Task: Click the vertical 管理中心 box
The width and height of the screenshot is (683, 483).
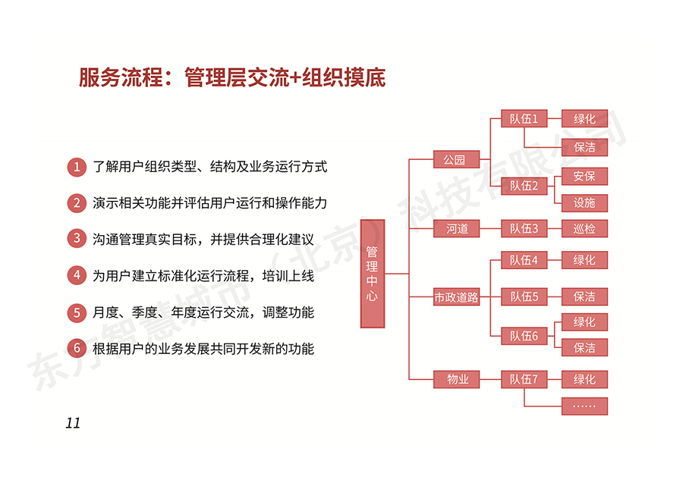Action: pyautogui.click(x=372, y=273)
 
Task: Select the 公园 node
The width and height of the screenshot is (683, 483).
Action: pyautogui.click(x=456, y=160)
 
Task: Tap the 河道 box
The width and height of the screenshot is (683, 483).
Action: pyautogui.click(x=456, y=228)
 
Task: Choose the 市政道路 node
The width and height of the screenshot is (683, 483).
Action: pyautogui.click(x=456, y=298)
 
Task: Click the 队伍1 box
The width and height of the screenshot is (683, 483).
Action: pyautogui.click(x=524, y=119)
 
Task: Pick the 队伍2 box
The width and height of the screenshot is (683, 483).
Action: pyautogui.click(x=524, y=186)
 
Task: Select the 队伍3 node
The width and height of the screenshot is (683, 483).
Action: pyautogui.click(x=524, y=228)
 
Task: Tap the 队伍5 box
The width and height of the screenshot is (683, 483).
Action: pyautogui.click(x=524, y=296)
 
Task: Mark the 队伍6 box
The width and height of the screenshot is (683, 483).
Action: pyautogui.click(x=524, y=335)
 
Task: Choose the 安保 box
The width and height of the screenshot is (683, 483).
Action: pyautogui.click(x=584, y=176)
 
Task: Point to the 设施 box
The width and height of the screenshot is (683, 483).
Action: pyautogui.click(x=584, y=202)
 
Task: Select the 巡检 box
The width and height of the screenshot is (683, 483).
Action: pyautogui.click(x=584, y=228)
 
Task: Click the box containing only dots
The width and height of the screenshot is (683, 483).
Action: pyautogui.click(x=584, y=406)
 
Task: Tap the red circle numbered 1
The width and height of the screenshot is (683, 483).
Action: pyautogui.click(x=76, y=167)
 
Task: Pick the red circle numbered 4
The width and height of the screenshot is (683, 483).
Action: pyautogui.click(x=76, y=275)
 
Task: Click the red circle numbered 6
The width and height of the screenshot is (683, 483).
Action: pyautogui.click(x=76, y=348)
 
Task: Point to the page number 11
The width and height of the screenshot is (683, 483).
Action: pyautogui.click(x=73, y=423)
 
